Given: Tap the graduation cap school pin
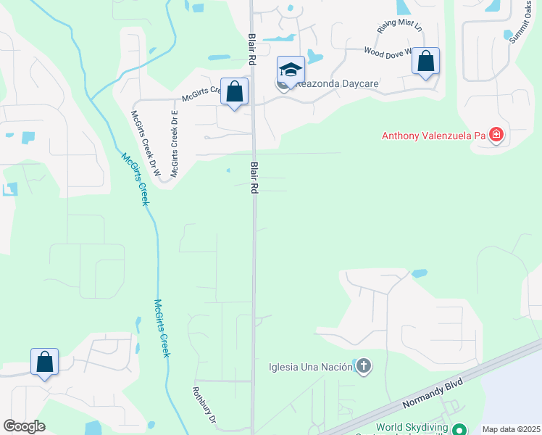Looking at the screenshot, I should [x=291, y=70].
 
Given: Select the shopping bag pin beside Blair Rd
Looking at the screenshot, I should [x=234, y=92].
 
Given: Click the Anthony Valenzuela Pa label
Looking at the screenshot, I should [x=435, y=135].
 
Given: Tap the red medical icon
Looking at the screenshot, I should [x=496, y=134].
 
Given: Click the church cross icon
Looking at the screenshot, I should [x=364, y=367].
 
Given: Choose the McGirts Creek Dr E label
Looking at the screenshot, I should [x=174, y=144].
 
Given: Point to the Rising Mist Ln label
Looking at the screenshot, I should [x=399, y=26].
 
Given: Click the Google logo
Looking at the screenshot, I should [x=24, y=426].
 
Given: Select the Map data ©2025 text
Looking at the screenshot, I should [x=510, y=429].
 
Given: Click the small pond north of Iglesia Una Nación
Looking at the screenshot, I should [x=419, y=273].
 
